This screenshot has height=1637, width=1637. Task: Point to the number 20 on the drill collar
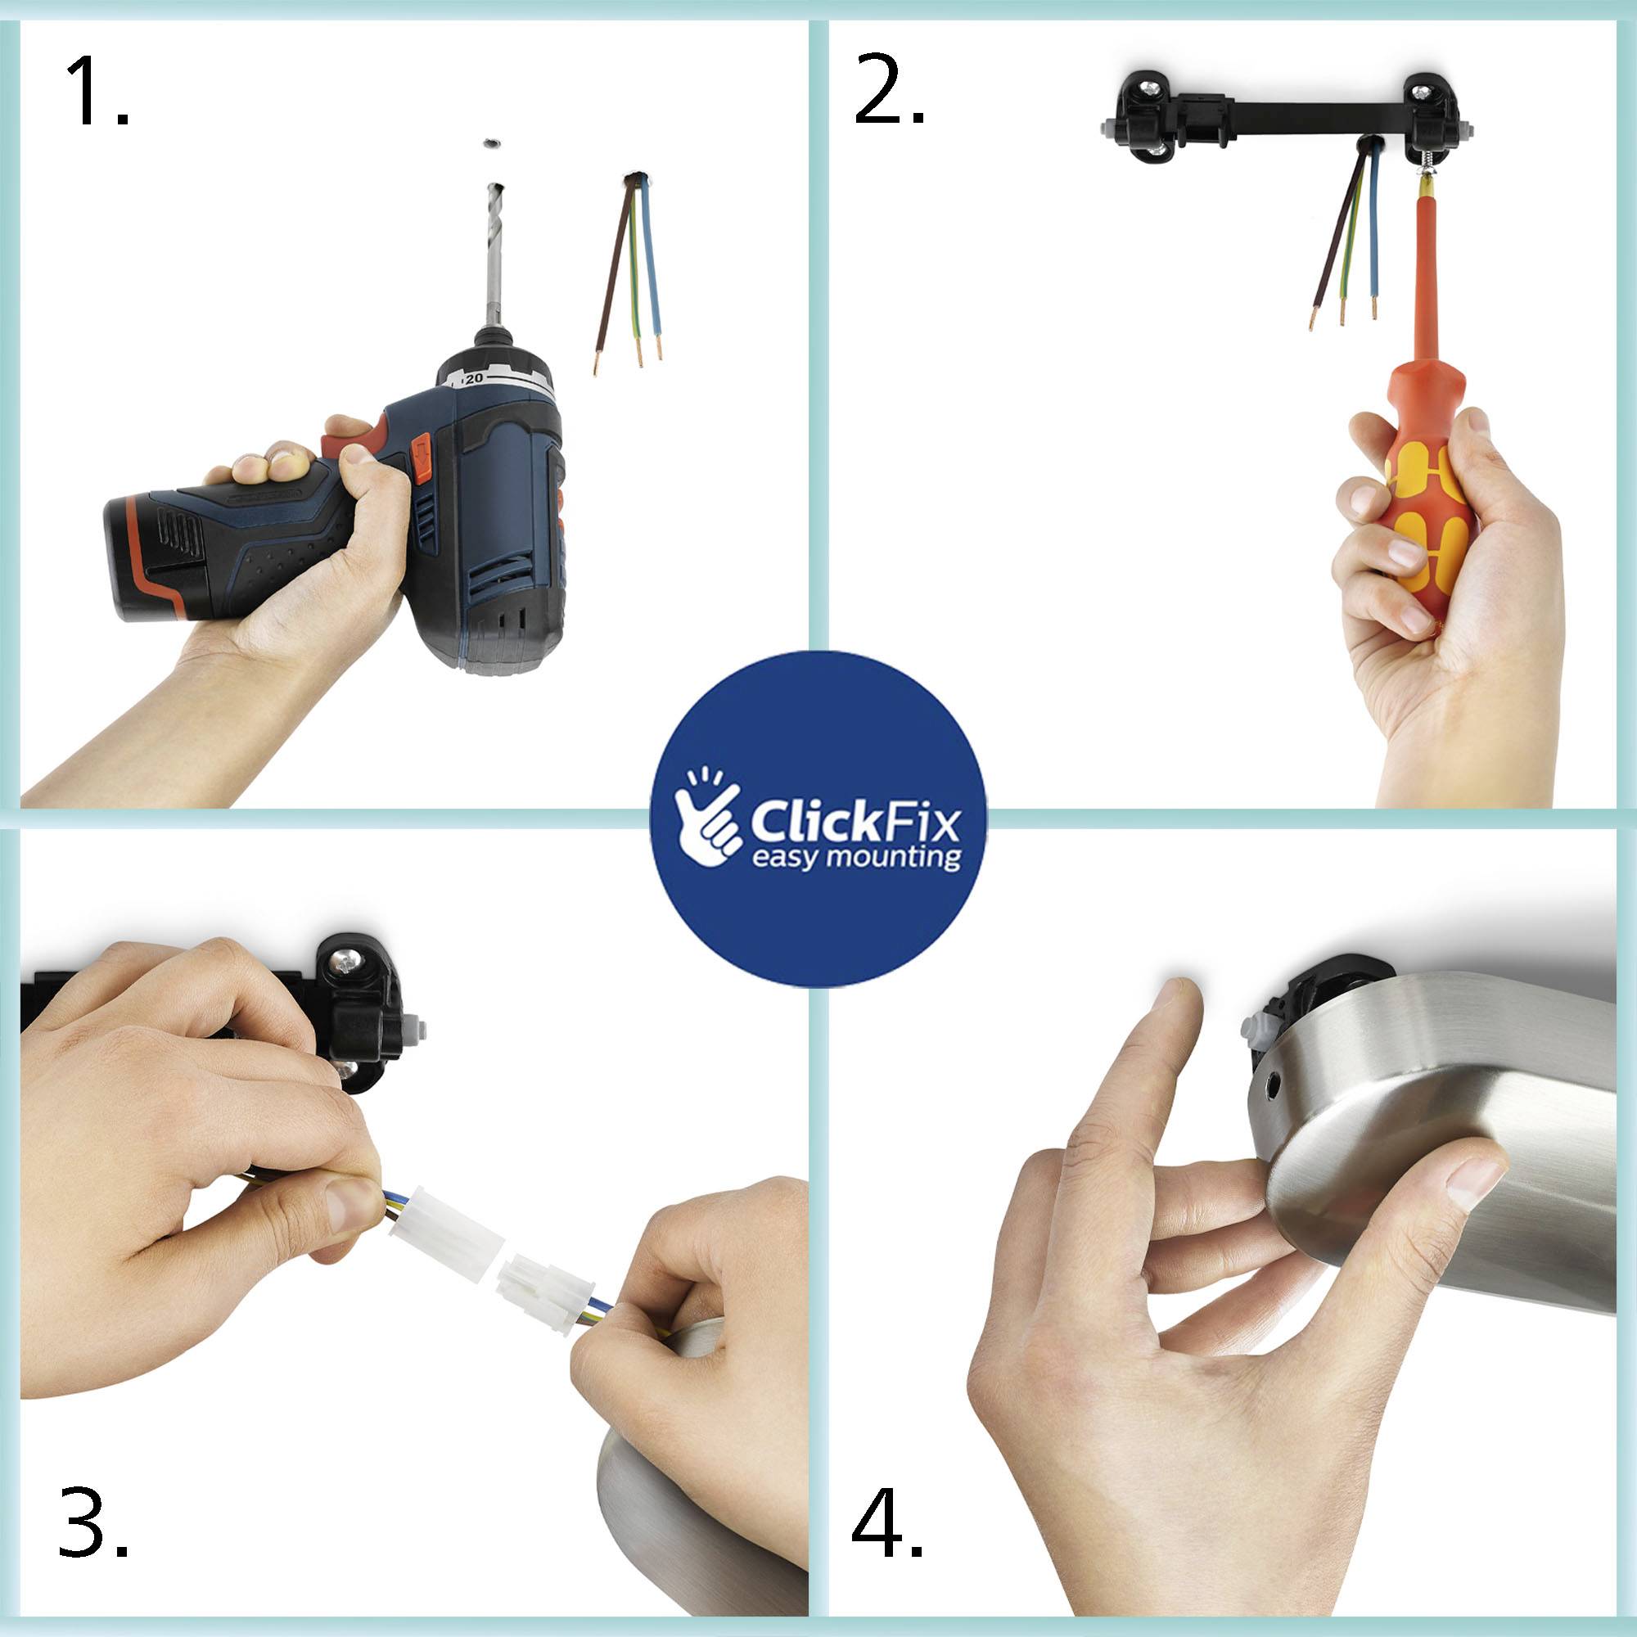point(473,379)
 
